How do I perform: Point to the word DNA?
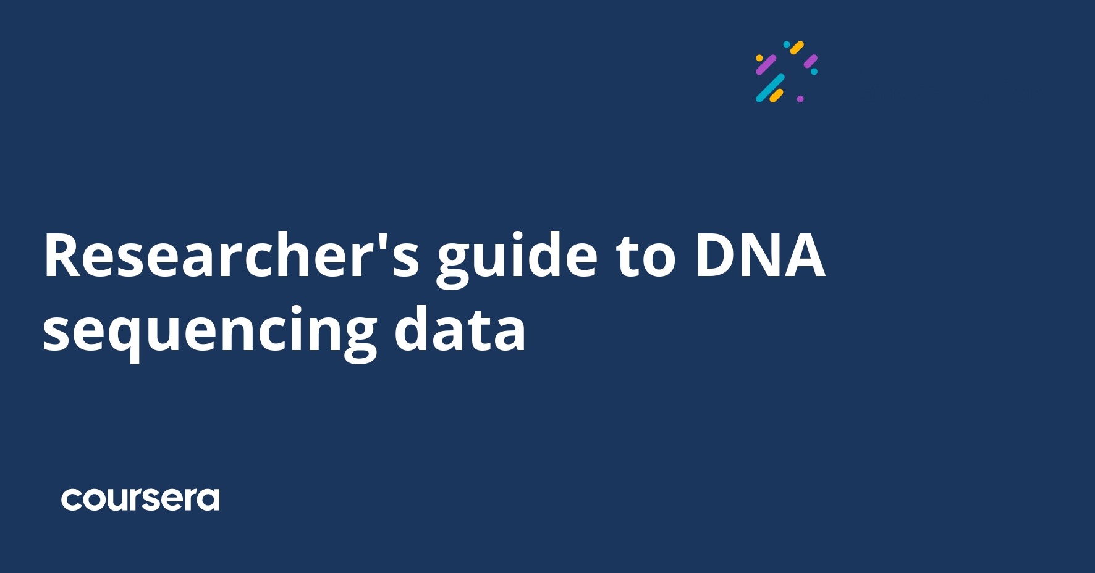click(759, 256)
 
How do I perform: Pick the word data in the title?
click(460, 330)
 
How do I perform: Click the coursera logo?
click(140, 500)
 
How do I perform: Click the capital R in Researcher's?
click(63, 256)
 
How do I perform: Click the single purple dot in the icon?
click(800, 99)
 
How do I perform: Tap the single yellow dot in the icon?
click(759, 58)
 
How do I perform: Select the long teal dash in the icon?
click(770, 88)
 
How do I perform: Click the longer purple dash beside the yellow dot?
click(766, 65)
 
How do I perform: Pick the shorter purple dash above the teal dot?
click(810, 61)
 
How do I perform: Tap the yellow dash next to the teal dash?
click(777, 96)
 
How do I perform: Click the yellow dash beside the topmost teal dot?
click(797, 48)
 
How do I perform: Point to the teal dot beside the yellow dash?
click(787, 44)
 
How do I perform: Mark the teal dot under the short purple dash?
click(814, 72)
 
